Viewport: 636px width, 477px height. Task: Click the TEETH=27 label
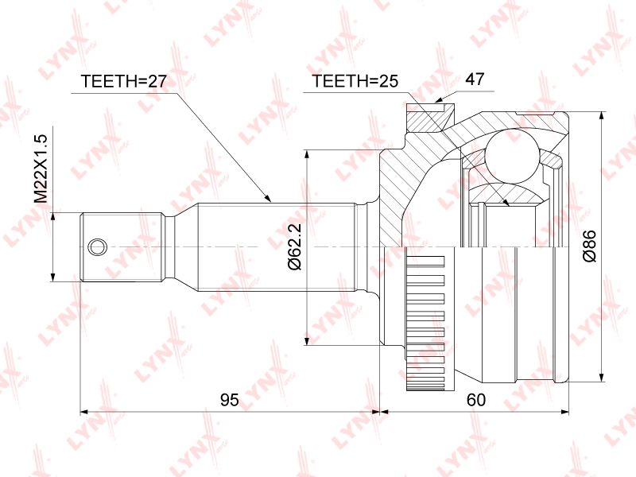pyautogui.click(x=124, y=81)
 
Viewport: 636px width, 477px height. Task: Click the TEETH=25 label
pyautogui.click(x=355, y=81)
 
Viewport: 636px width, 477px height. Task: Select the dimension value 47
pyautogui.click(x=474, y=79)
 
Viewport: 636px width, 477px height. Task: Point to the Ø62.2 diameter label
pyautogui.click(x=294, y=246)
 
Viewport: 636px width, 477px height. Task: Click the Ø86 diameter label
pyautogui.click(x=588, y=246)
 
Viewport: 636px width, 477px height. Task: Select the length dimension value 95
pyautogui.click(x=230, y=400)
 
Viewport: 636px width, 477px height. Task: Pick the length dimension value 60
pyautogui.click(x=475, y=400)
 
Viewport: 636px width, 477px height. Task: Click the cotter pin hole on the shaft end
pyautogui.click(x=97, y=246)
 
